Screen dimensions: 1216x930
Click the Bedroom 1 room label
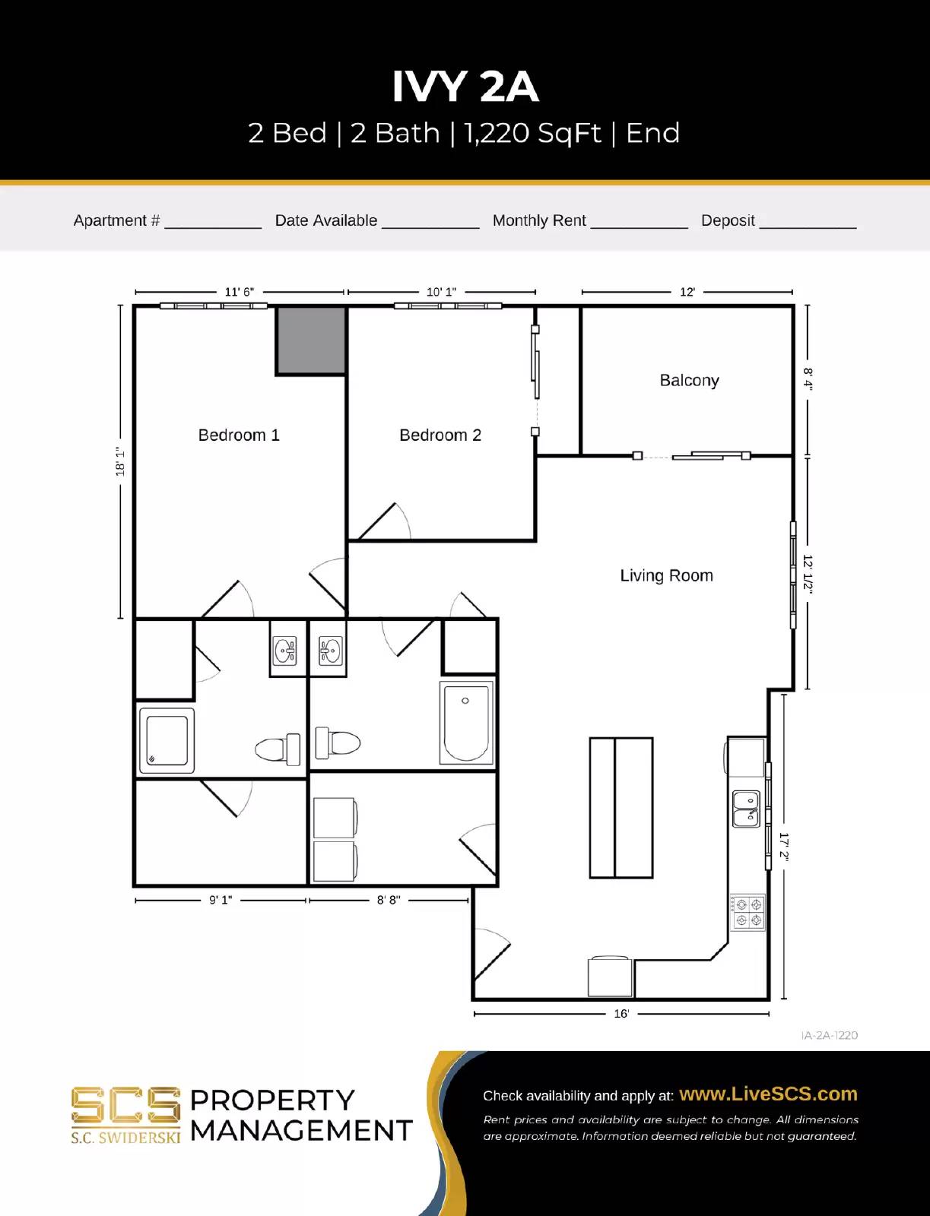click(x=239, y=435)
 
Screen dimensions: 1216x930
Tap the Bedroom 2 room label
click(x=440, y=435)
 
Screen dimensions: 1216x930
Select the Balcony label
click(x=689, y=380)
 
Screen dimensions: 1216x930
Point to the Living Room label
click(x=666, y=575)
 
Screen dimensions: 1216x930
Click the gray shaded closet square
click(x=310, y=340)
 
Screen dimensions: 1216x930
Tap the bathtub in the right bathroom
click(x=466, y=722)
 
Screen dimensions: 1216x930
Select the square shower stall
click(x=167, y=740)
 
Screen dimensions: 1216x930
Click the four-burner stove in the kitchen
click(x=748, y=912)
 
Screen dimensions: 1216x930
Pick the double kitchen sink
click(x=745, y=809)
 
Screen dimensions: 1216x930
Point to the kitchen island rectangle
click(x=621, y=807)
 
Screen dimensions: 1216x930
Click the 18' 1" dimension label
click(x=120, y=461)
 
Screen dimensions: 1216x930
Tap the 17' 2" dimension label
click(x=784, y=846)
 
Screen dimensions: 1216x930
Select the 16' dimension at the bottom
click(x=621, y=1013)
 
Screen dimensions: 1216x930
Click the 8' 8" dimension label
click(x=389, y=900)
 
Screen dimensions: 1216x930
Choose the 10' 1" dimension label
click(x=441, y=292)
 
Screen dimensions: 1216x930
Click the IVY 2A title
click(x=465, y=87)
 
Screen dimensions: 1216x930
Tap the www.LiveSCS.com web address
click(x=768, y=1094)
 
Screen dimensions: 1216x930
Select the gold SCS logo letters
click(x=125, y=1106)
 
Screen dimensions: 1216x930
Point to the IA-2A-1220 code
click(x=829, y=1035)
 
